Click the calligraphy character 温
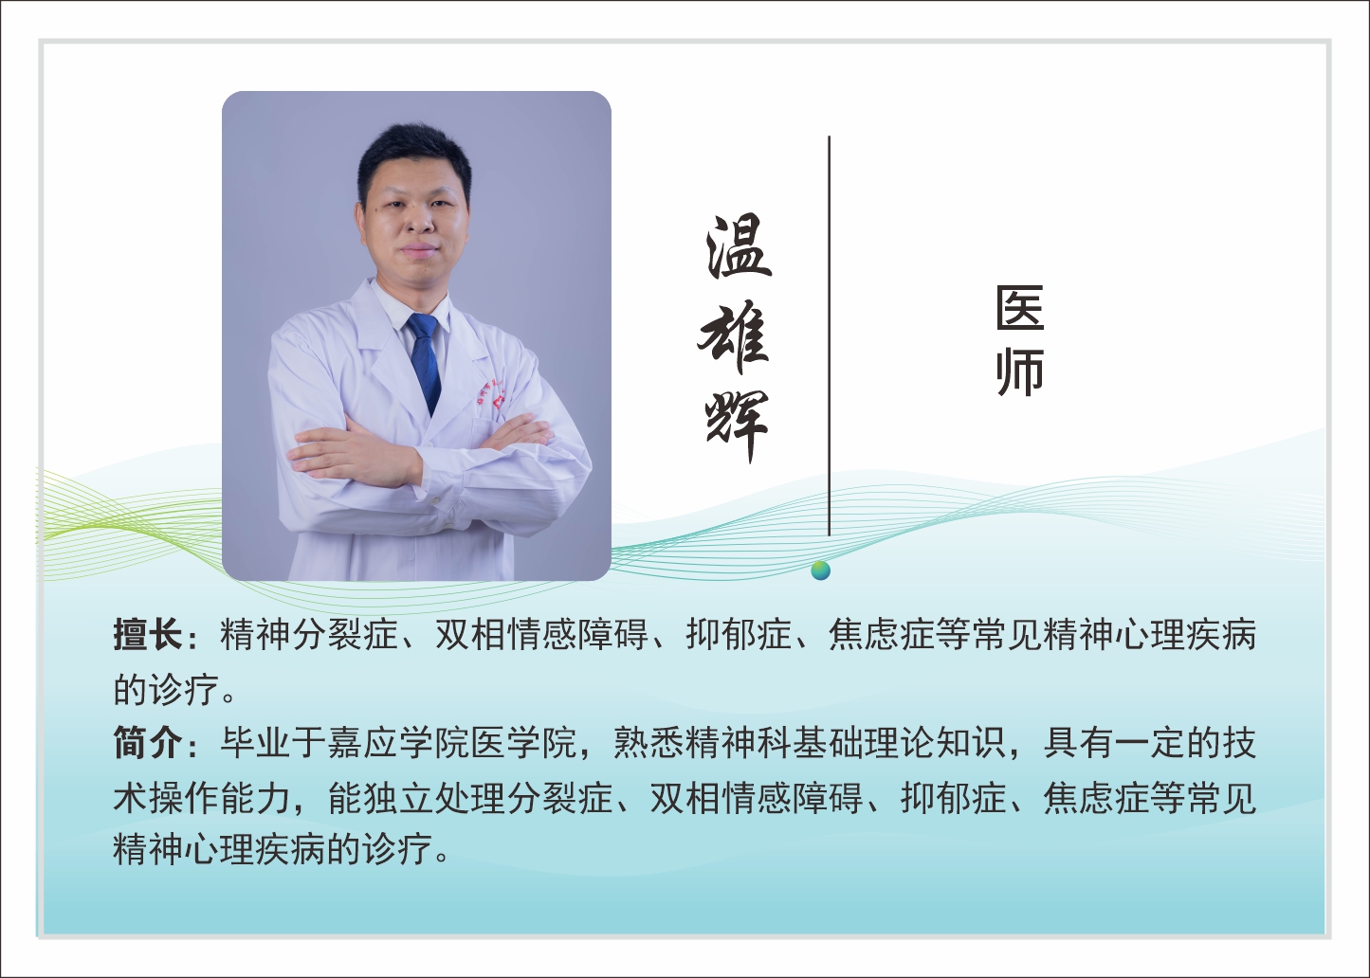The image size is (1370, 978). [x=738, y=246]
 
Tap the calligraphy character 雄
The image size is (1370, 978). [x=735, y=336]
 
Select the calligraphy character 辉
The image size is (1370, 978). [x=736, y=424]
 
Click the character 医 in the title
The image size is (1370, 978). [x=1020, y=309]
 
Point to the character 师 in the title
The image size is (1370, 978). [x=1020, y=372]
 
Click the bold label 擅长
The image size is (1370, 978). [x=148, y=634]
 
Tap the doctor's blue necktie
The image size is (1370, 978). [x=424, y=360]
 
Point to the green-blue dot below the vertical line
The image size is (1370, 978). [x=821, y=570]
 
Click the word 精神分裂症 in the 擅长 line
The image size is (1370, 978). [x=309, y=634]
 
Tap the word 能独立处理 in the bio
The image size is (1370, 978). [x=416, y=799]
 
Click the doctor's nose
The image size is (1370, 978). [x=418, y=227]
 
